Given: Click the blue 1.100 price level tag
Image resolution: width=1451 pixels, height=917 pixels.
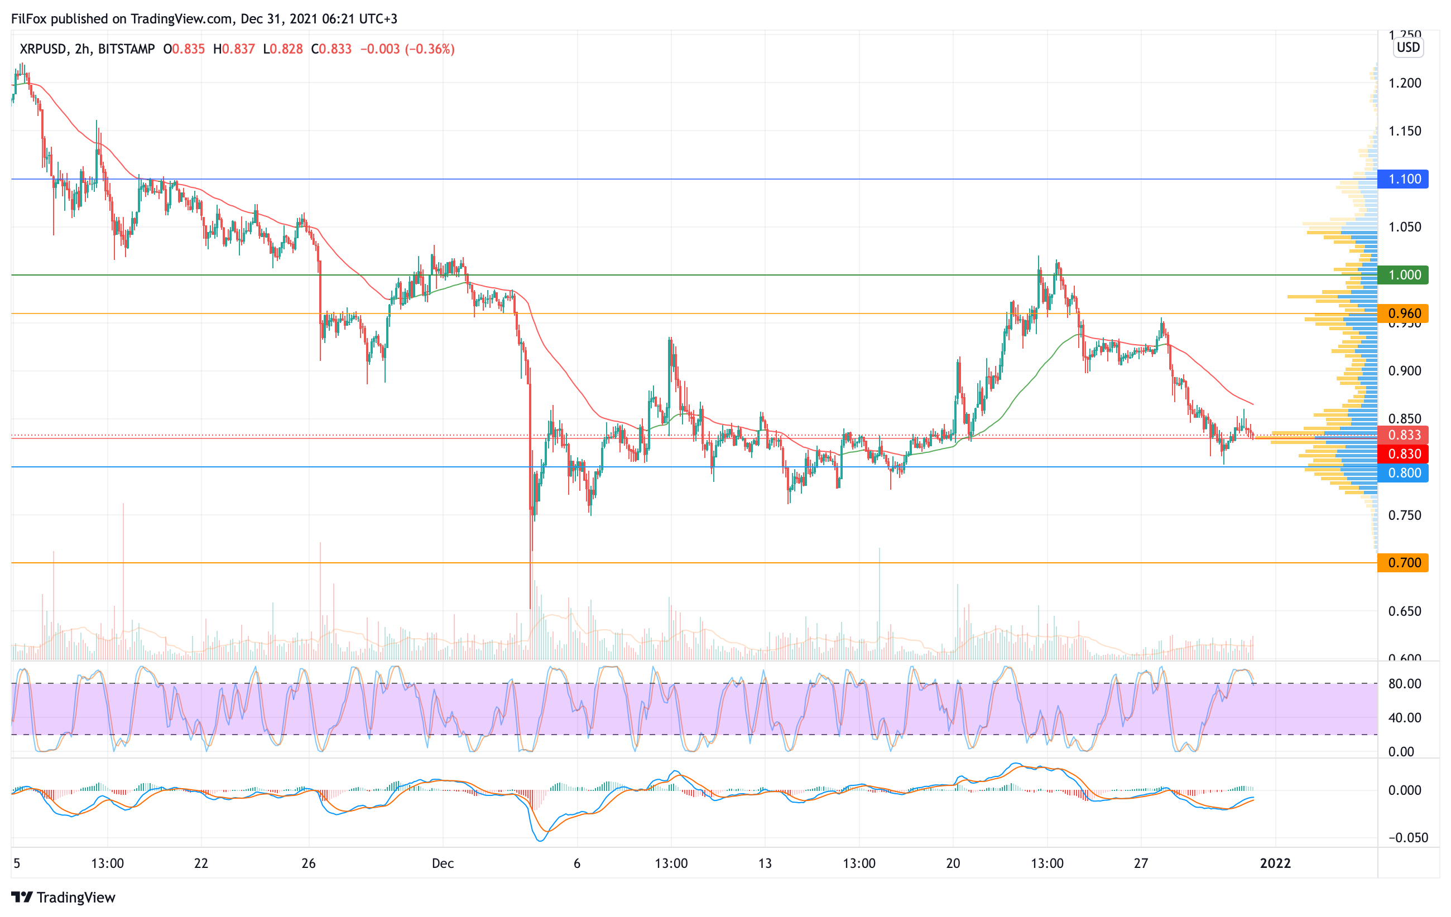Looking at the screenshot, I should (1404, 179).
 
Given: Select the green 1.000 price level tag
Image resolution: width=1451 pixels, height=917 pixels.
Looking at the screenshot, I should (1404, 275).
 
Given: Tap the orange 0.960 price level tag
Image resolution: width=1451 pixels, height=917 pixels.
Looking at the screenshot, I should (1404, 313).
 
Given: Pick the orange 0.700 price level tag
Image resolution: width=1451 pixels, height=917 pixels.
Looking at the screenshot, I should (1404, 562).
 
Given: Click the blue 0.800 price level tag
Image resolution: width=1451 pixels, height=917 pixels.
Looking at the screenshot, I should (1404, 472).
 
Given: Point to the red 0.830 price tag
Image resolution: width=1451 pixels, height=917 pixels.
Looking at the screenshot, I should (1404, 453).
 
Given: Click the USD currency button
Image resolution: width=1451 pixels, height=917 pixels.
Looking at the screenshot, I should (1408, 47).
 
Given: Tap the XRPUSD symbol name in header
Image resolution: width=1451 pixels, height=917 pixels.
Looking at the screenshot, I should (43, 49).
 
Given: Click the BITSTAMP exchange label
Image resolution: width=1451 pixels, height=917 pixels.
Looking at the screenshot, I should (126, 49).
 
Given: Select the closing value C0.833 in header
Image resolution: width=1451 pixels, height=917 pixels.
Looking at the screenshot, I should (331, 49).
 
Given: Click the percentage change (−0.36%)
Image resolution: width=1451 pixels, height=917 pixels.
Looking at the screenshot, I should (429, 49).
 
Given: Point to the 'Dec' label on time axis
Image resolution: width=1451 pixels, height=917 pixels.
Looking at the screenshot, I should (443, 863).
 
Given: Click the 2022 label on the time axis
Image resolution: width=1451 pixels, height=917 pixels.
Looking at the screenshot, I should (1275, 863).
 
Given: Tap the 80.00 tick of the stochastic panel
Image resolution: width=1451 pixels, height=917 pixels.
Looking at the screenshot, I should (1404, 683).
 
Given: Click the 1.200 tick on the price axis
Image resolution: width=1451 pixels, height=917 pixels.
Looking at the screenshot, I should (1404, 83).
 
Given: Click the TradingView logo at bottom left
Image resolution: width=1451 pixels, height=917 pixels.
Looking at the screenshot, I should (63, 897).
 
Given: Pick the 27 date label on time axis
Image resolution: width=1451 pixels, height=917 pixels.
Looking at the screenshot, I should (1141, 863).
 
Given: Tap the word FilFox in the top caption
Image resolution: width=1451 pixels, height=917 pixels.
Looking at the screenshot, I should (29, 18).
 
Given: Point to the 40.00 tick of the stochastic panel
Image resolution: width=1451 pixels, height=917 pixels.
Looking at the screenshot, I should (1404, 718).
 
